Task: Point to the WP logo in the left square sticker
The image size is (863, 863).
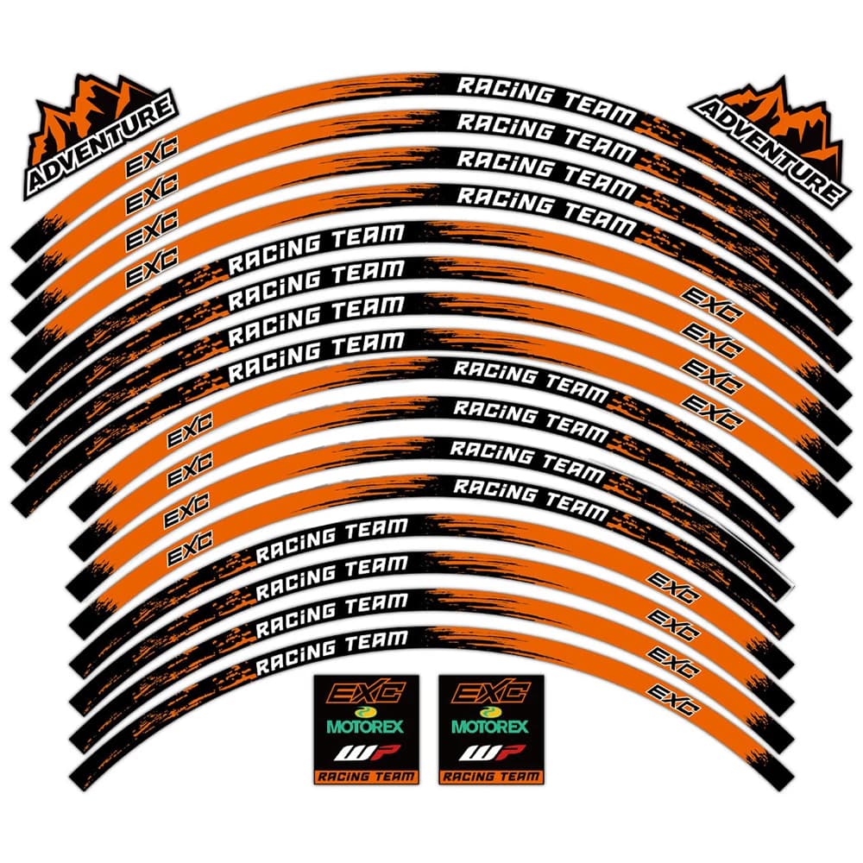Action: point(366,752)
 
